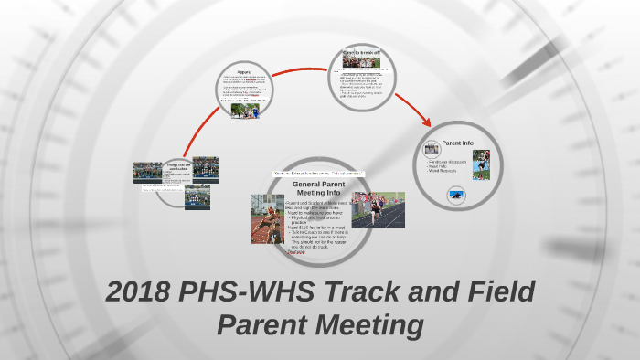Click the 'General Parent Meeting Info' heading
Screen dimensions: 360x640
coord(317,188)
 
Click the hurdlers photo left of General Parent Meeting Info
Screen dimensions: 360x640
coord(267,218)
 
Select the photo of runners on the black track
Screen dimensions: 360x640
coord(378,209)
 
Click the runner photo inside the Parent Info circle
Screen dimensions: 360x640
coord(481,164)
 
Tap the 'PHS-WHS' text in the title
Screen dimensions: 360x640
coord(240,293)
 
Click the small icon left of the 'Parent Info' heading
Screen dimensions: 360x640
coord(432,146)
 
